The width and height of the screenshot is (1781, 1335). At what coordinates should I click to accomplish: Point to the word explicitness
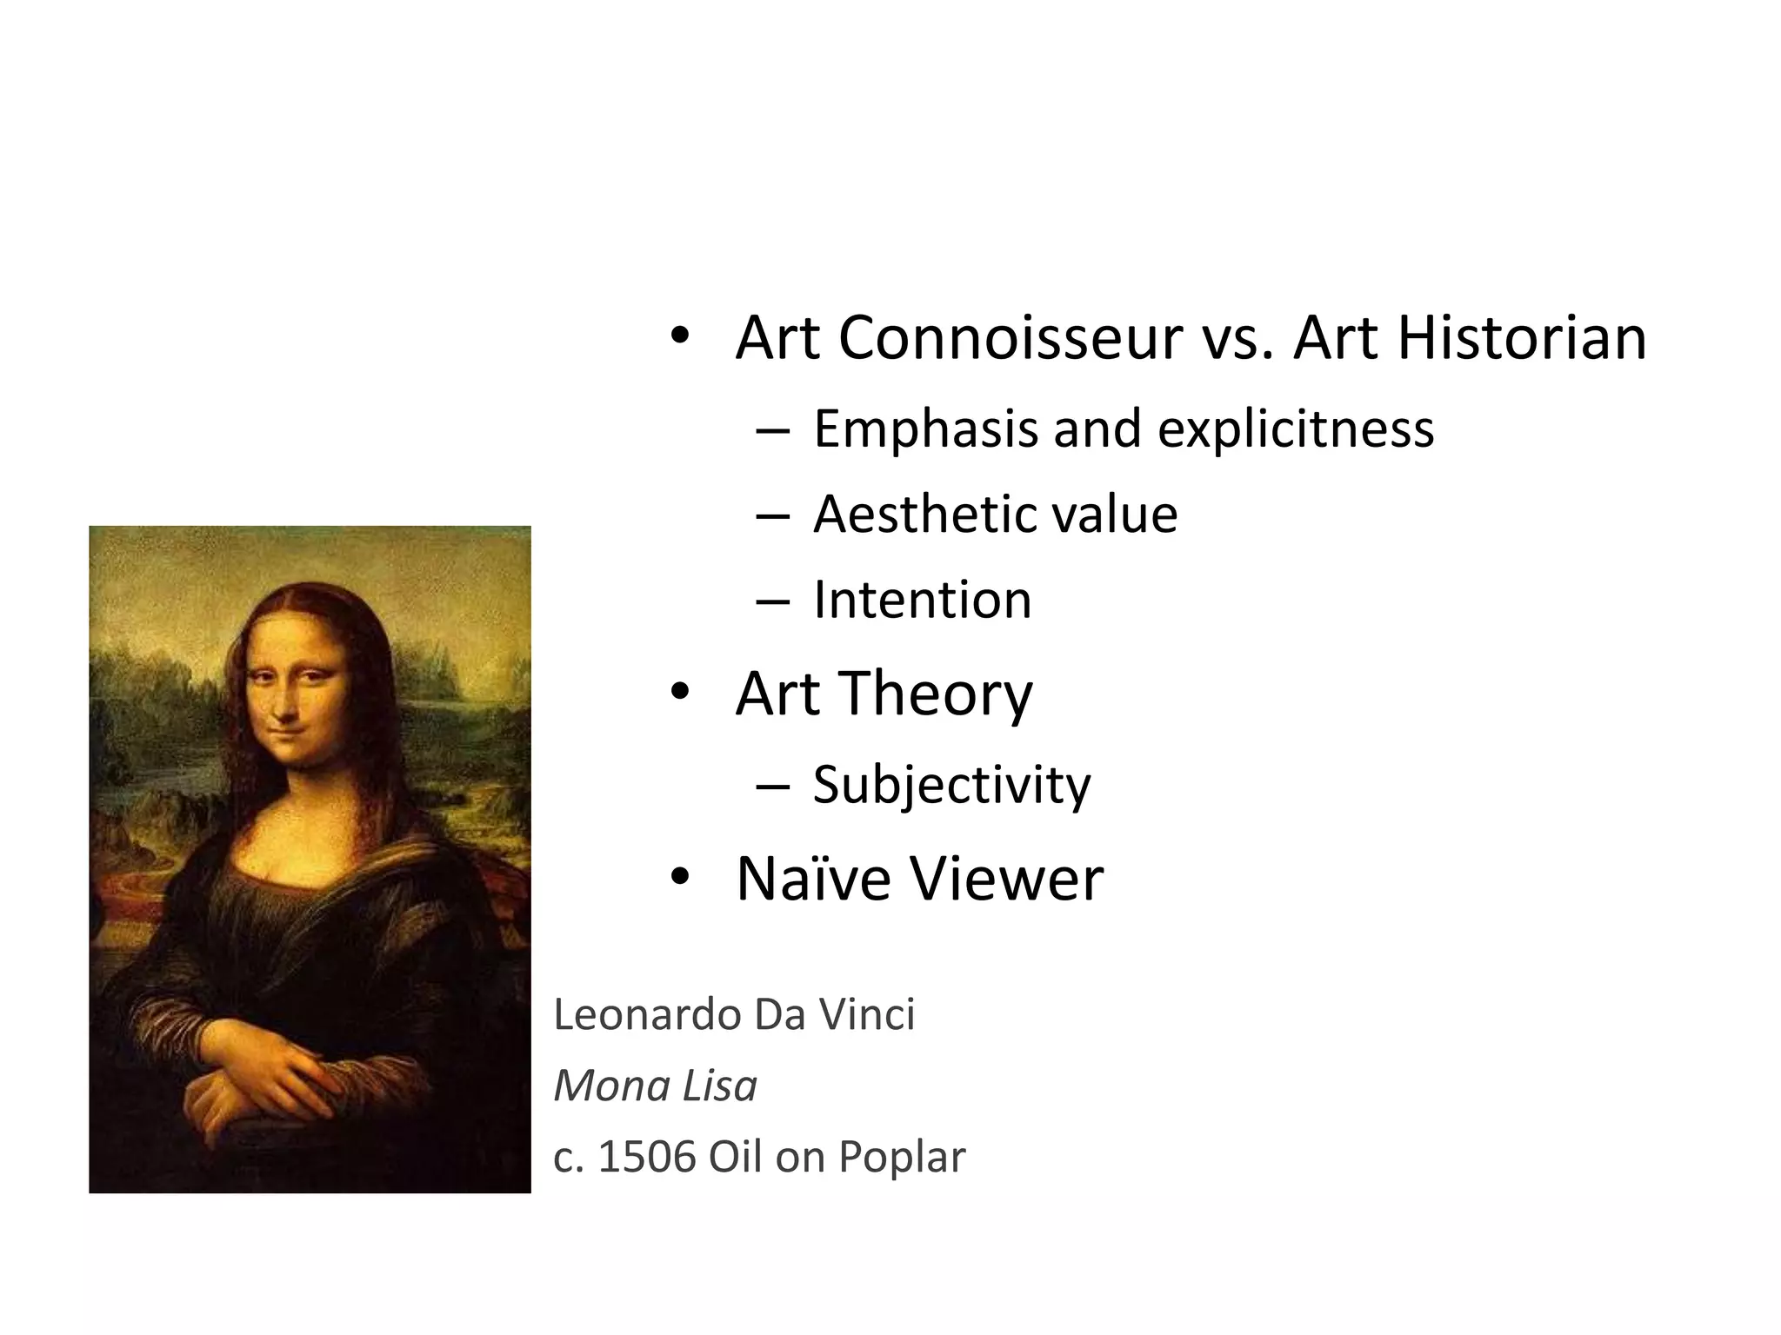click(x=1295, y=429)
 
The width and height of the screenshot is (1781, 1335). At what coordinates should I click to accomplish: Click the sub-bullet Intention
click(x=922, y=600)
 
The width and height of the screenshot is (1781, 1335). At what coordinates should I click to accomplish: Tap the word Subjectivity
click(x=951, y=785)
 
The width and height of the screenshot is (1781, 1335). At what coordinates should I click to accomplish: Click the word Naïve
click(x=813, y=879)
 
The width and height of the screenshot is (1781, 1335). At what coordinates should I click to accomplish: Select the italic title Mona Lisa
click(x=655, y=1086)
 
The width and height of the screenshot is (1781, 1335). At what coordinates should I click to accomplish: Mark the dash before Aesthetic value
click(x=772, y=515)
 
